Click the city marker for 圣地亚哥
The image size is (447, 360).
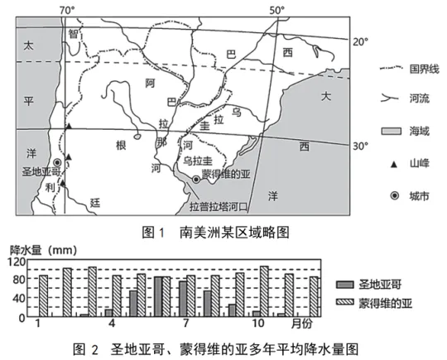click(x=58, y=162)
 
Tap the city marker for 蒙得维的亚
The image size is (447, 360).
click(x=196, y=180)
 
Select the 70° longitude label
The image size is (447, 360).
click(x=67, y=11)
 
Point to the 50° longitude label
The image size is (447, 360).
click(x=277, y=11)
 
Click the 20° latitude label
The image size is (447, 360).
click(x=361, y=42)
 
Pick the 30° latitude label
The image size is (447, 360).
click(x=361, y=146)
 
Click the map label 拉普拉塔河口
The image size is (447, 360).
click(x=219, y=206)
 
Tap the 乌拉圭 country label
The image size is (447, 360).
click(x=198, y=161)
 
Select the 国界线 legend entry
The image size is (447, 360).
click(x=410, y=69)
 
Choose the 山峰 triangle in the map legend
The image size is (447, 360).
click(x=394, y=165)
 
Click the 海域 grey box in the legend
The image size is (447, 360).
click(x=392, y=131)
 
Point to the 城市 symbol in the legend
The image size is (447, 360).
click(x=395, y=196)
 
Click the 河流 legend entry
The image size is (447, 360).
click(x=405, y=98)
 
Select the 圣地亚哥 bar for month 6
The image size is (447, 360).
click(x=158, y=296)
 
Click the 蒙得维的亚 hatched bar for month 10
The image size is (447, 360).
click(x=264, y=291)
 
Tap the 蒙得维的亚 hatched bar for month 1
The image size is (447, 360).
click(x=43, y=296)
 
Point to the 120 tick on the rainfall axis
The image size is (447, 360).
click(x=17, y=262)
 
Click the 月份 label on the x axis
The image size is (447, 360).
click(x=302, y=324)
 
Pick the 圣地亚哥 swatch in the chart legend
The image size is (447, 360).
click(x=345, y=285)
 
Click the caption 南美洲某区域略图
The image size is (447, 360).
click(x=234, y=233)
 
